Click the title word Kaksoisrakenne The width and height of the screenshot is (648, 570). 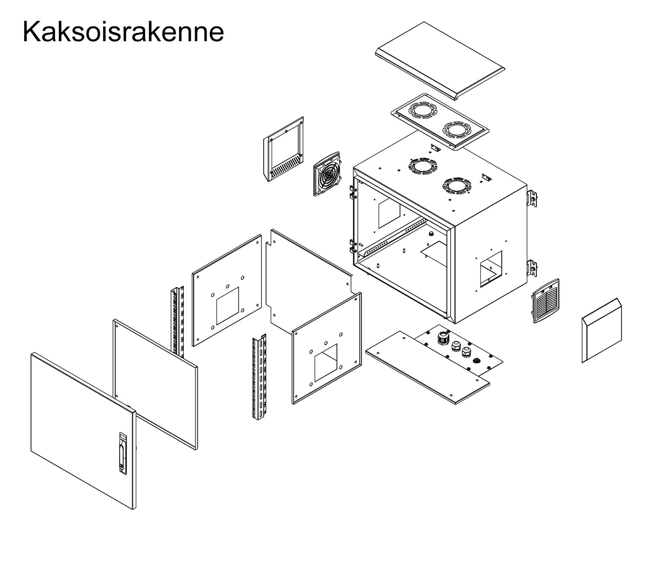123,32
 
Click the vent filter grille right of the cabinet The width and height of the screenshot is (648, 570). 545,300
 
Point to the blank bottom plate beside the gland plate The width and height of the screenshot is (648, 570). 426,368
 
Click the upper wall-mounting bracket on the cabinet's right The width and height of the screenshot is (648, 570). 532,198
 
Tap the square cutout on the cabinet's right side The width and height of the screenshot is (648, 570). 491,269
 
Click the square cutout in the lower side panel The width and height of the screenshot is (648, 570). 326,363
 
